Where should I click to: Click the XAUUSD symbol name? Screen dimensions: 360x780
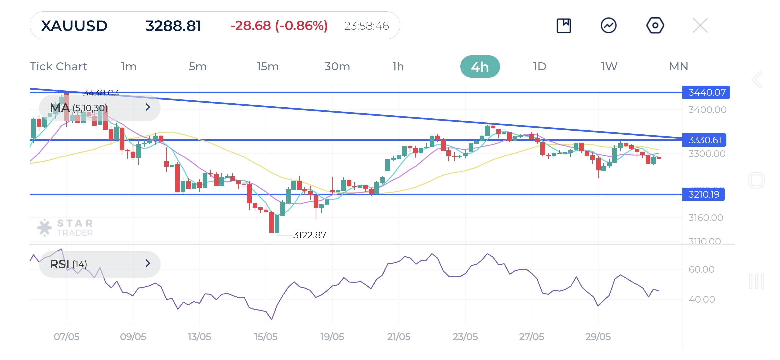click(x=74, y=26)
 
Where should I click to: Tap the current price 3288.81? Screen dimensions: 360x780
click(x=173, y=26)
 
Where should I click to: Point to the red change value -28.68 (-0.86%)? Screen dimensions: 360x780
click(x=279, y=26)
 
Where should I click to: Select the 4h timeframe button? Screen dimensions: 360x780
click(x=480, y=67)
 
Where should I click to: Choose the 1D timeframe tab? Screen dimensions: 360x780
click(x=539, y=67)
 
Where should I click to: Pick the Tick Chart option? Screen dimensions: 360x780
click(x=58, y=67)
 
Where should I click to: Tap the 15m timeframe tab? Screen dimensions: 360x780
click(x=267, y=67)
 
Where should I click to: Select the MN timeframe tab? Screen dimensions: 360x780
click(x=678, y=67)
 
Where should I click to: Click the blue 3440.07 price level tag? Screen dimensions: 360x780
click(x=706, y=92)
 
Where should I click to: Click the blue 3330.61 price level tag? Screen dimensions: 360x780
click(x=704, y=140)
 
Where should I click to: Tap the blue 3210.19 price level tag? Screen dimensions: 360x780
click(x=703, y=194)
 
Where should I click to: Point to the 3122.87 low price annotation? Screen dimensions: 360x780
click(x=309, y=235)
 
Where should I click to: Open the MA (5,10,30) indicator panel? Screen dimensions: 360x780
click(x=100, y=108)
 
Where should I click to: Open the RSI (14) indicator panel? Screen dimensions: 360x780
click(x=100, y=264)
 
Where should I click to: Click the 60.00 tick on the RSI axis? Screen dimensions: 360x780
click(x=701, y=269)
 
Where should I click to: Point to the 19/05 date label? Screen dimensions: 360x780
click(x=332, y=337)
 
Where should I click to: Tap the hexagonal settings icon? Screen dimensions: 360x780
click(x=655, y=26)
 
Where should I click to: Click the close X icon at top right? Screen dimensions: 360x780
click(x=700, y=26)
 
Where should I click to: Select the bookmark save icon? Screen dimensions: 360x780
click(x=564, y=26)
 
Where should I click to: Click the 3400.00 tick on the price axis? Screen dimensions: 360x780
click(x=707, y=110)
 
